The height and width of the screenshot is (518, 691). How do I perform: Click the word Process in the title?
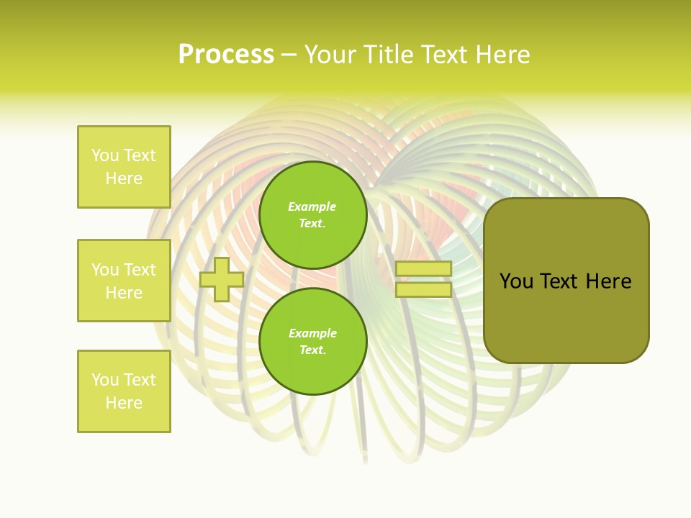coord(226,55)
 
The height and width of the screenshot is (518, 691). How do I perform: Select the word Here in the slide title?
coord(501,55)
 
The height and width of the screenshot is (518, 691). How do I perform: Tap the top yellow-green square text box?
coord(124,167)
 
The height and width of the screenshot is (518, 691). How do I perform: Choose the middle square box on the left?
coord(124,281)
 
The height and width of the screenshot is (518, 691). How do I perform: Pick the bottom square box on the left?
coord(124,391)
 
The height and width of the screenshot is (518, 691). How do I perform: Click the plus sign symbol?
coord(222,279)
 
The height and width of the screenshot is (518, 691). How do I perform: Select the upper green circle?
coord(313,215)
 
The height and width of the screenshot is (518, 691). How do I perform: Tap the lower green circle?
coord(313,342)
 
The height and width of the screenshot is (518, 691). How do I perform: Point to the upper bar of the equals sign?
coord(423,268)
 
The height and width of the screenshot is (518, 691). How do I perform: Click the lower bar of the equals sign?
coord(423,290)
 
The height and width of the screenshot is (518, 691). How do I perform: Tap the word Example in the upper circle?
coord(312,206)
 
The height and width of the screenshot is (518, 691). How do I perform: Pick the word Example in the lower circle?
coord(312,333)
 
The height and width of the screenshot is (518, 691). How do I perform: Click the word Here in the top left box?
coord(124,178)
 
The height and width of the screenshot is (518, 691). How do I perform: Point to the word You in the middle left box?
coord(104,270)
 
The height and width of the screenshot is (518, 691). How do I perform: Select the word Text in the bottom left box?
coord(139,380)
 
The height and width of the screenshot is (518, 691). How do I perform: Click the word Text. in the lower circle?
coord(312,350)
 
